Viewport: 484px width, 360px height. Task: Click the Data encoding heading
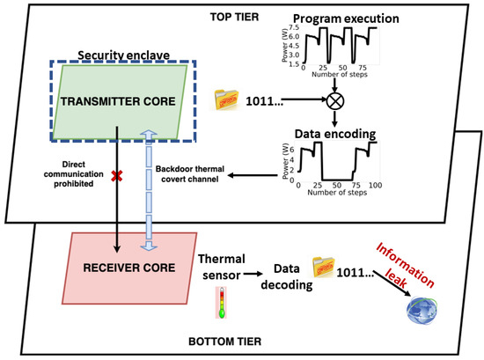pyautogui.click(x=334, y=134)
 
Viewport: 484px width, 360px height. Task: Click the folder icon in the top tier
pyautogui.click(x=227, y=100)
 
